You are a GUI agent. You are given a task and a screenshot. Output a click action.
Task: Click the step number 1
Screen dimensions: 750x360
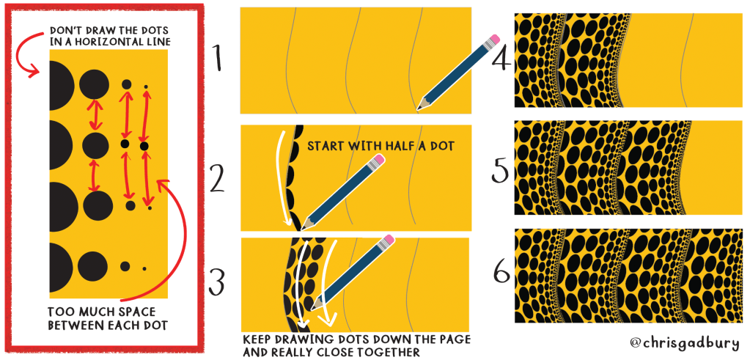pyautogui.click(x=217, y=58)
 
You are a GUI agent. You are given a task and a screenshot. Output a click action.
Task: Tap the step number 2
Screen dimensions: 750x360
pyautogui.click(x=217, y=178)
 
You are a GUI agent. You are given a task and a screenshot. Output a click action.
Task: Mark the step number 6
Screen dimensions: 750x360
pyautogui.click(x=501, y=273)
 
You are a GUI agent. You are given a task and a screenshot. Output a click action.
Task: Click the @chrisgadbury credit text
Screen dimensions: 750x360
pyautogui.click(x=686, y=343)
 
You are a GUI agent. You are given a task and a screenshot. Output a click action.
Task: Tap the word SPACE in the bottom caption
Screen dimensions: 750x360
pyautogui.click(x=137, y=312)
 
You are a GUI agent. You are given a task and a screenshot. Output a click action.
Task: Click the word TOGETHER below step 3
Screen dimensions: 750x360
pyautogui.click(x=388, y=352)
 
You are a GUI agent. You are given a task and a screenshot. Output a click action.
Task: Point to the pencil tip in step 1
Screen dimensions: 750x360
pyautogui.click(x=418, y=109)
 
